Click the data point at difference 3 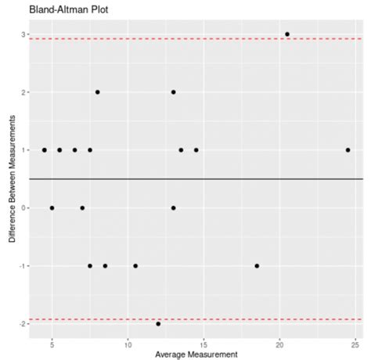pyautogui.click(x=287, y=34)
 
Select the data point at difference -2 pyautogui.click(x=158, y=323)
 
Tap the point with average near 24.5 pyautogui.click(x=348, y=149)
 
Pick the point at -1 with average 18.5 pyautogui.click(x=257, y=265)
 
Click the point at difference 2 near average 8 pyautogui.click(x=97, y=92)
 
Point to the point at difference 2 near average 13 pyautogui.click(x=173, y=92)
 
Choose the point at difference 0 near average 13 pyautogui.click(x=173, y=207)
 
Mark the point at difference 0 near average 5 pyautogui.click(x=52, y=207)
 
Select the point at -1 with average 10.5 pyautogui.click(x=135, y=265)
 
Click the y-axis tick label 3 pyautogui.click(x=20, y=35)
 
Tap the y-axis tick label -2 pyautogui.click(x=19, y=323)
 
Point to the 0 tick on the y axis pyautogui.click(x=20, y=208)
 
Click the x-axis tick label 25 pyautogui.click(x=355, y=343)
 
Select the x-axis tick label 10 pyautogui.click(x=128, y=343)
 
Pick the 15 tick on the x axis pyautogui.click(x=204, y=343)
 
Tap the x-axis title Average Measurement pyautogui.click(x=195, y=354)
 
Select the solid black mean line pyautogui.click(x=235, y=179)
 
